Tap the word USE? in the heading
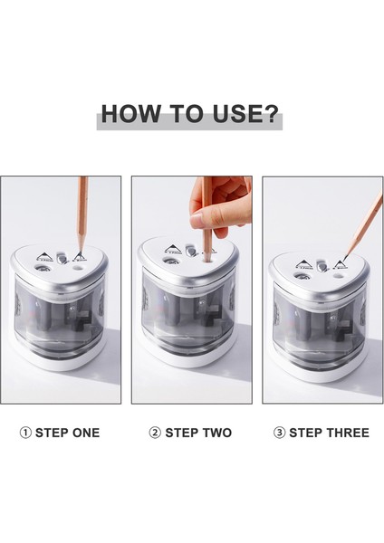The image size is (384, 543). tap(245, 113)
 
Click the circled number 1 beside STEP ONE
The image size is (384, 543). tap(25, 433)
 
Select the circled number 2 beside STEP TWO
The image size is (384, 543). tap(155, 433)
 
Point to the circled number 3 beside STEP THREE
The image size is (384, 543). tap(279, 433)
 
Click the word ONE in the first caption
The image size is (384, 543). tap(86, 433)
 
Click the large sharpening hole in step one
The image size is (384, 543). tap(42, 269)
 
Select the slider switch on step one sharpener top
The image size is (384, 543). tap(62, 258)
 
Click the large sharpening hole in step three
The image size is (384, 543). tap(300, 276)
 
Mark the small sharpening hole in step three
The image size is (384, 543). tap(337, 276)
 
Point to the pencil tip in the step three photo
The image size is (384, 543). tap(347, 256)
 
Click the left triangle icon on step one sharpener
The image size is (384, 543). tap(44, 257)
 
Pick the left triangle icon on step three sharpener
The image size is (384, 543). tap(303, 265)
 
